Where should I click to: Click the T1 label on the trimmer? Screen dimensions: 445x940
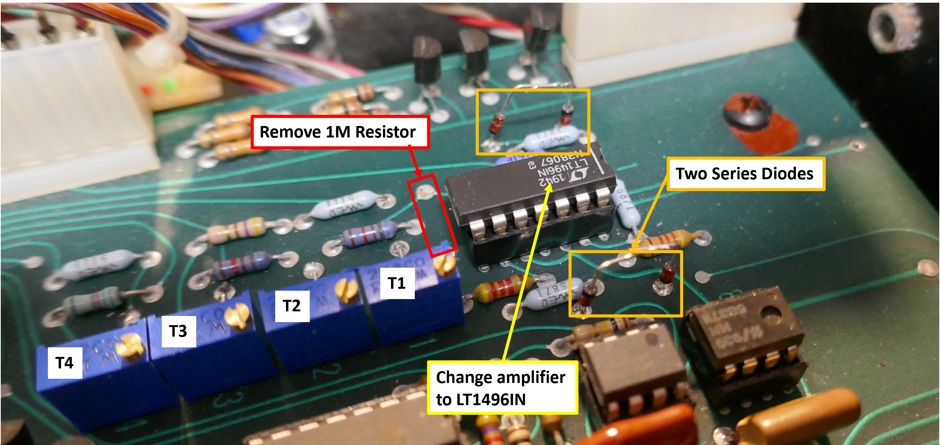click(x=397, y=283)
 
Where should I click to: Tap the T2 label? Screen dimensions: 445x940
click(x=292, y=306)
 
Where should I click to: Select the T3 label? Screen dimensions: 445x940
click(x=178, y=331)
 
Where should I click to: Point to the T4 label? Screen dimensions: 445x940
click(x=64, y=363)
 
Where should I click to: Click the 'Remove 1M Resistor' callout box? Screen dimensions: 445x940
click(x=340, y=132)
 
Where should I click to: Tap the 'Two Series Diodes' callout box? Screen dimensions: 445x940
click(x=745, y=174)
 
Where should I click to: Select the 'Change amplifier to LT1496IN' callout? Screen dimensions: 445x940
click(x=502, y=388)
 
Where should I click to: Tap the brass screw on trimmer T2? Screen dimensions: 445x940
click(x=346, y=290)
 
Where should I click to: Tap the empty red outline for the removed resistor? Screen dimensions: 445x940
click(x=432, y=216)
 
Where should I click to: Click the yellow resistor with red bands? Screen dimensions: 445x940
click(x=499, y=288)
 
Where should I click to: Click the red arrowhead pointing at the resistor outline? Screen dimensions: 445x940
click(x=418, y=172)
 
